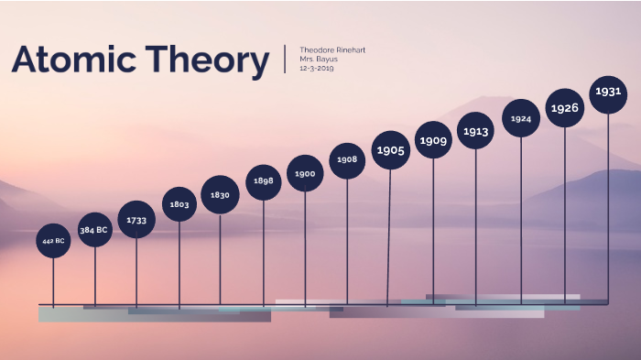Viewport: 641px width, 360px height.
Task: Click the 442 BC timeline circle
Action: point(53,241)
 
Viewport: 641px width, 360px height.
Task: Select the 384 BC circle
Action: point(94,230)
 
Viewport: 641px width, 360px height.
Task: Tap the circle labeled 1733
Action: point(136,220)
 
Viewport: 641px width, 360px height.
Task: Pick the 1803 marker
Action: point(179,205)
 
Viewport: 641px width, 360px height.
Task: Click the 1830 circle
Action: point(220,195)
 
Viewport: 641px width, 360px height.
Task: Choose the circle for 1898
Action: point(264,181)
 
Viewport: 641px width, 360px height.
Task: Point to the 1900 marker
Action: point(305,173)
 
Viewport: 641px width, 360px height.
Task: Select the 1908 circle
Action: point(347,160)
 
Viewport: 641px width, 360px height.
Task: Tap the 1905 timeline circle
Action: point(391,150)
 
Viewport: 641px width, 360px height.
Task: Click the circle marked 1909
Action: point(433,141)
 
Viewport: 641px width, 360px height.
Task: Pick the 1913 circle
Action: point(475,131)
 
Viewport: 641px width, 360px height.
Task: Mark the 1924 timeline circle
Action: point(521,119)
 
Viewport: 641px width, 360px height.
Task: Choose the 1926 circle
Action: point(565,108)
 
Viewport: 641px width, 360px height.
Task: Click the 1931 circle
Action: point(608,92)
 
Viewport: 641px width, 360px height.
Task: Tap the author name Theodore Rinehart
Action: point(332,49)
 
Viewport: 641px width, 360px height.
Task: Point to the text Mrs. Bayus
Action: point(319,60)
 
